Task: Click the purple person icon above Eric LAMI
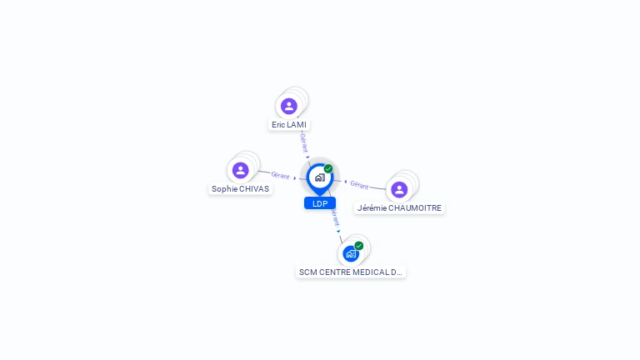pyautogui.click(x=289, y=106)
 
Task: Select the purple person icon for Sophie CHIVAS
pyautogui.click(x=241, y=170)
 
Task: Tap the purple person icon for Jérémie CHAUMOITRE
pyautogui.click(x=399, y=189)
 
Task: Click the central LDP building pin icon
pyautogui.click(x=319, y=177)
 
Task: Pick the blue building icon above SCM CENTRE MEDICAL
pyautogui.click(x=351, y=253)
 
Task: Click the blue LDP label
pyautogui.click(x=320, y=203)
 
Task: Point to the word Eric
pyautogui.click(x=278, y=125)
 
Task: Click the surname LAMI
pyautogui.click(x=297, y=125)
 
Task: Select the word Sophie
pyautogui.click(x=225, y=189)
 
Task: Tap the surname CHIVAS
pyautogui.click(x=254, y=189)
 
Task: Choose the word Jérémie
pyautogui.click(x=372, y=208)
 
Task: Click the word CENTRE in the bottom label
pyautogui.click(x=333, y=272)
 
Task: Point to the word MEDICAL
pyautogui.click(x=372, y=272)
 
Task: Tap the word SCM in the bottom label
pyautogui.click(x=307, y=272)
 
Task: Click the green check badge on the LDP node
pyautogui.click(x=328, y=168)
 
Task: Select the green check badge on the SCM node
pyautogui.click(x=359, y=246)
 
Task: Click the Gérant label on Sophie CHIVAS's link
pyautogui.click(x=280, y=175)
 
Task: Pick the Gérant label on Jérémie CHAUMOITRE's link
pyautogui.click(x=359, y=185)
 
